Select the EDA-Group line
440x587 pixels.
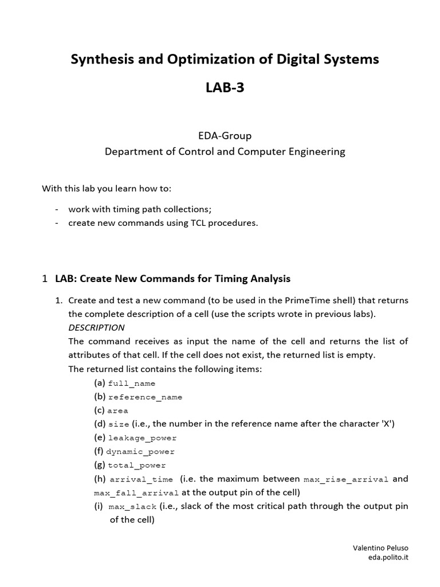coord(225,136)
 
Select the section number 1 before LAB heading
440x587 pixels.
coord(45,279)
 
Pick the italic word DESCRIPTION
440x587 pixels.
coord(96,328)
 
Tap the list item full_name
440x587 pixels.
coord(131,383)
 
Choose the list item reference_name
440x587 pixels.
coord(145,397)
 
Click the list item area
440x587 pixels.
coord(118,411)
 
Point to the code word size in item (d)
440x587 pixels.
coord(119,425)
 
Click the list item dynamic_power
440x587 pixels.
coord(140,452)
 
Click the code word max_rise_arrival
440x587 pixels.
coord(346,479)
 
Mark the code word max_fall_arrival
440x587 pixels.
coord(136,493)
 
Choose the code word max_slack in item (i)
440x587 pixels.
coord(132,507)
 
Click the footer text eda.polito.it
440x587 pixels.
coord(388,557)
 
